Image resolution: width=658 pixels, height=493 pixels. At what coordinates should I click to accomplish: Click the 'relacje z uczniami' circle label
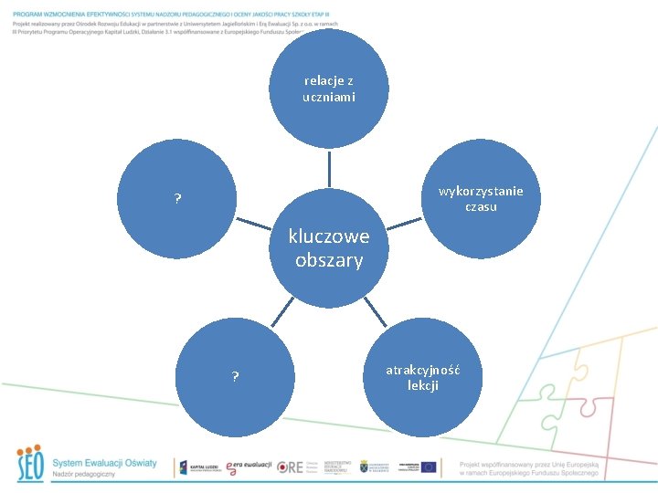coord(329,89)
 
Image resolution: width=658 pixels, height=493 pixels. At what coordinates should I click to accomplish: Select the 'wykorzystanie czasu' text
coord(481,198)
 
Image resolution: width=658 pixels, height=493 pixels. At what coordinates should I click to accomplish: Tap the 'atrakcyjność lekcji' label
coord(422,377)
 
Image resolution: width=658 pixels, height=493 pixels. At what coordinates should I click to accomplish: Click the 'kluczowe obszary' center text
coord(329,248)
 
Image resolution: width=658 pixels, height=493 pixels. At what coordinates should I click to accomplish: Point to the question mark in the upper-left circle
coord(177,200)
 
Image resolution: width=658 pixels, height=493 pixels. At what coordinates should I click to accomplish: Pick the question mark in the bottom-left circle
coord(235,376)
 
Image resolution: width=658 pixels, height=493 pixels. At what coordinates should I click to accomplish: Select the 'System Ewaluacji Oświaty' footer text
coord(104,463)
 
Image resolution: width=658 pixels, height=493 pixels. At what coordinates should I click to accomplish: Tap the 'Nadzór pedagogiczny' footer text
coord(84,475)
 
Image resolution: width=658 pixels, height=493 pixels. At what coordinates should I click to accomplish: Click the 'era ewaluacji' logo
coord(249,466)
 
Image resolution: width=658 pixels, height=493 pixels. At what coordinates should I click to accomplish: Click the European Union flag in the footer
coord(428,467)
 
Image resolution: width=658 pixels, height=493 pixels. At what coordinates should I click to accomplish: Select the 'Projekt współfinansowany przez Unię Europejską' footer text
coord(528,464)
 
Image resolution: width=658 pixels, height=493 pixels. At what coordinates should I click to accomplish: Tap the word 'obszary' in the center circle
coord(329,260)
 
